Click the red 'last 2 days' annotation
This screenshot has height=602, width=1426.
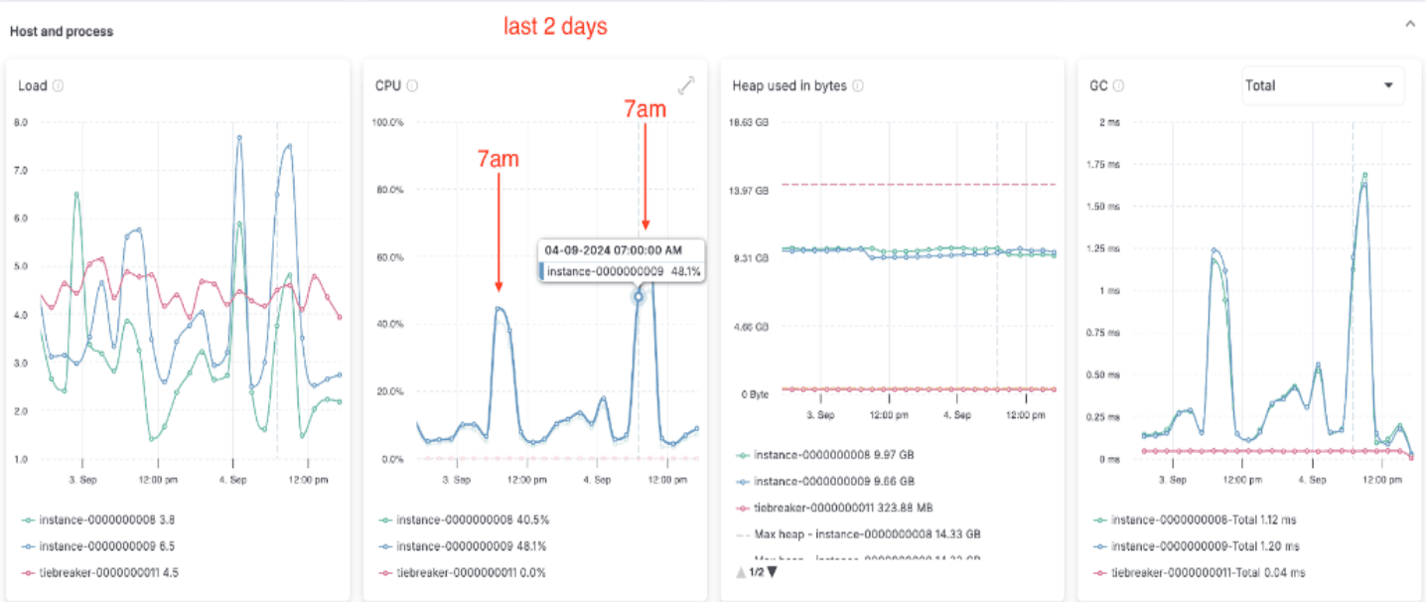coord(555,28)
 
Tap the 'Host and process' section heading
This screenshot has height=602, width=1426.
coord(62,32)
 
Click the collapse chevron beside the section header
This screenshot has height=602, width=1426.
coord(1409,25)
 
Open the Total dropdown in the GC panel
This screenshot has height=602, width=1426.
coord(1323,85)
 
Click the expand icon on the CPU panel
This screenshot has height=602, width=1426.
coord(686,86)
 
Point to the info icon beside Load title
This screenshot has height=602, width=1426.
coord(58,85)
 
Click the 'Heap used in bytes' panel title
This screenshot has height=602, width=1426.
coord(789,85)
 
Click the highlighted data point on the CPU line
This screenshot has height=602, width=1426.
coord(639,295)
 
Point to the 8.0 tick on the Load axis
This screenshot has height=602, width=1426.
coord(20,123)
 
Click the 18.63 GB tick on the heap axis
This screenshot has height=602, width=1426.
coord(749,123)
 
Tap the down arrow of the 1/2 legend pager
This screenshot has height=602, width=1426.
coord(772,572)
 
